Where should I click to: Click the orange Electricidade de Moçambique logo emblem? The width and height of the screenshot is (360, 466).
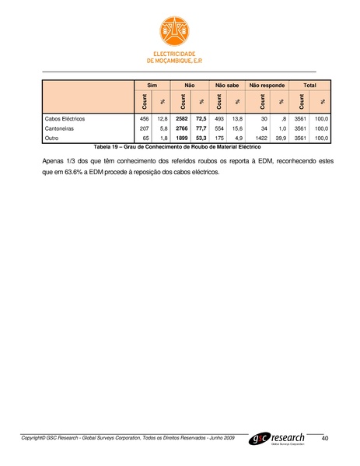click(180, 30)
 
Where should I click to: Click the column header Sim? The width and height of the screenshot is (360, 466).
click(152, 83)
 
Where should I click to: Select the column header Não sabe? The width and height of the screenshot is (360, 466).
click(227, 83)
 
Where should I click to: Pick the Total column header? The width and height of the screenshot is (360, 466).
click(309, 83)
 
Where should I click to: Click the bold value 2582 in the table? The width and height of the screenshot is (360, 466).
click(182, 118)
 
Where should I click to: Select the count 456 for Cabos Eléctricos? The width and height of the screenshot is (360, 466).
click(144, 118)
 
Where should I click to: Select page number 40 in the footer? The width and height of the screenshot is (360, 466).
click(324, 440)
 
